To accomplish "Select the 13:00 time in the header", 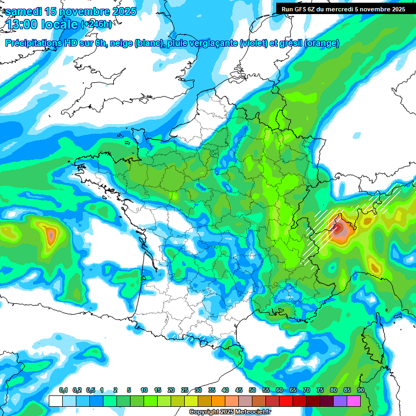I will click(22, 25).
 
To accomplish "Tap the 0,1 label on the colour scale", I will click(63, 390).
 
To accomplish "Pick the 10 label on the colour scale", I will click(144, 390).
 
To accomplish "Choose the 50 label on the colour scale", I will click(252, 390).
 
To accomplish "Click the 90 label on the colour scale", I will click(360, 390).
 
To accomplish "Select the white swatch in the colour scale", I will click(56, 401).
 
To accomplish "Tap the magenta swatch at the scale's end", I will click(354, 401).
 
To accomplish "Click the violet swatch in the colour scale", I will click(340, 401).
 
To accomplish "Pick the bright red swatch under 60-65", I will click(286, 401).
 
